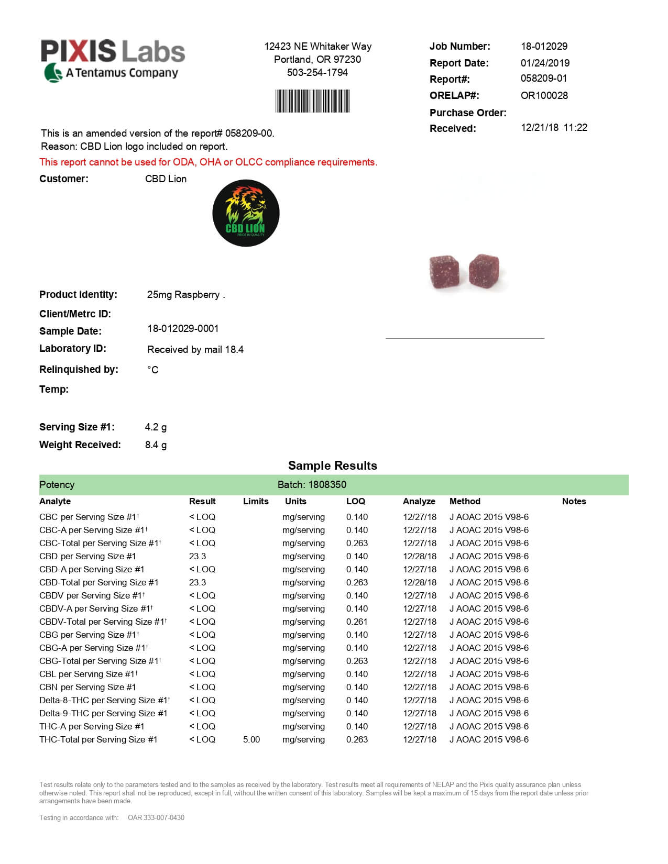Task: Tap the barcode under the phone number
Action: point(312,101)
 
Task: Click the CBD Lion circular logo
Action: point(246,213)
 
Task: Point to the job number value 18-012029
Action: point(544,46)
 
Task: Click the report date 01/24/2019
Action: point(545,63)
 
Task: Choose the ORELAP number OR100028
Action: point(544,95)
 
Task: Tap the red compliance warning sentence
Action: point(208,162)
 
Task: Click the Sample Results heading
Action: point(332,466)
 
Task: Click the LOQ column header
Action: point(355,501)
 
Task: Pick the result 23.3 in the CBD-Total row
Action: point(198,582)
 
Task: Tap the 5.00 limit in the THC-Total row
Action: point(251,739)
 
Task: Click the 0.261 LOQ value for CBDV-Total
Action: point(357,622)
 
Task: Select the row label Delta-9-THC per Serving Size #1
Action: point(103,713)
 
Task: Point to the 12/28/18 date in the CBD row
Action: point(419,556)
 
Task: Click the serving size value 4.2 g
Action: point(156,427)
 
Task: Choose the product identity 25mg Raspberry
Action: point(183,295)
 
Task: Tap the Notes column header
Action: point(574,501)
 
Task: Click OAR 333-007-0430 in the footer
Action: point(156,817)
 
